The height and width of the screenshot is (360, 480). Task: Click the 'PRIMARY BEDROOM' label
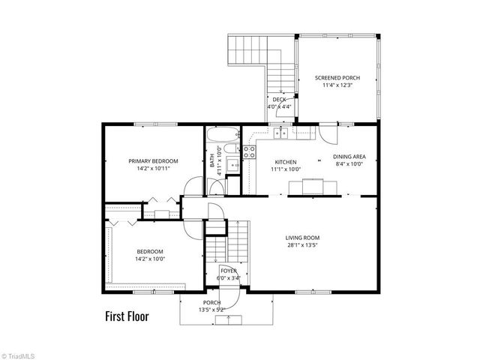(153, 161)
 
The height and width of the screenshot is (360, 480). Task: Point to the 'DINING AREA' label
(349, 157)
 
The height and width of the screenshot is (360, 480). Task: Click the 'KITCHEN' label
(285, 162)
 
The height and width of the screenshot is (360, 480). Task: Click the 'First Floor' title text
(127, 316)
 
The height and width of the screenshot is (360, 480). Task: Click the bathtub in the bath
(221, 136)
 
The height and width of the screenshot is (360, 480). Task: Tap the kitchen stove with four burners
(249, 151)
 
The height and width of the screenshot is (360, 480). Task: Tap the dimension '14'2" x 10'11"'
(153, 169)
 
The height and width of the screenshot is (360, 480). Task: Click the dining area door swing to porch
(328, 135)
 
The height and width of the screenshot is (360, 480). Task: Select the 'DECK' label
(279, 100)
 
